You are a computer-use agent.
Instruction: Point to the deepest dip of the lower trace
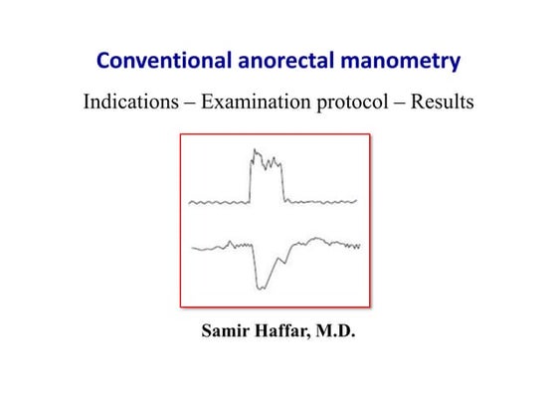[x=262, y=288]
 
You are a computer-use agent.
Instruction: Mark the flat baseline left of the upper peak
[x=219, y=202]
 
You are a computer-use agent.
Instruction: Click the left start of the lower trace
[x=191, y=249]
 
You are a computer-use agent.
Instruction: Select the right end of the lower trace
[x=359, y=245]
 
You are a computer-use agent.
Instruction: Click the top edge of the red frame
[x=275, y=135]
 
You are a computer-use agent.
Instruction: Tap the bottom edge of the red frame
[x=275, y=306]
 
